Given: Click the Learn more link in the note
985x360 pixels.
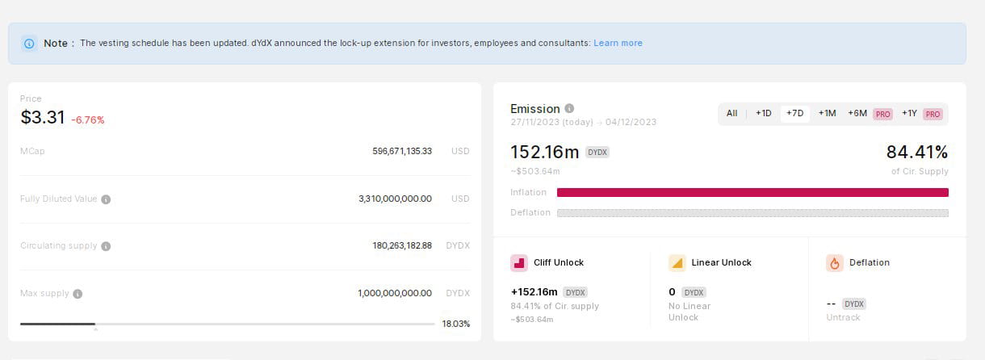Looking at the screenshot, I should pos(618,43).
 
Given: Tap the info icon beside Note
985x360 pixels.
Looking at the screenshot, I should pos(29,44).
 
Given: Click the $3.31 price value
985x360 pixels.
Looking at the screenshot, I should pos(43,118).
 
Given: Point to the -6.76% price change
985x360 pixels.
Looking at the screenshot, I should pos(88,120).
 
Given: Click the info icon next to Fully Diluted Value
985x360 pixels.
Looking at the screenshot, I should pos(106,199).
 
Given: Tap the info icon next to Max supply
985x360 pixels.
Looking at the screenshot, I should pos(78,294).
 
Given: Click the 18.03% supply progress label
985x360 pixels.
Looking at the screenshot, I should pos(456,324).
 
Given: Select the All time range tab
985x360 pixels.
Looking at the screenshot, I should pos(731,114).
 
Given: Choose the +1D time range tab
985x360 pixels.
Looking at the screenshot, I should pos(764,114).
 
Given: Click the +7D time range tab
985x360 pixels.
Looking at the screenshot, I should pos(795,114).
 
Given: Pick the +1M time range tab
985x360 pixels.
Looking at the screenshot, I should pos(827,114).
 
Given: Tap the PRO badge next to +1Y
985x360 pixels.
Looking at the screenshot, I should pos(933,115).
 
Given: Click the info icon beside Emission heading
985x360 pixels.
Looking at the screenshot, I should pos(569,108).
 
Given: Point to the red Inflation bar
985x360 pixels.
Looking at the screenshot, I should pos(752,192).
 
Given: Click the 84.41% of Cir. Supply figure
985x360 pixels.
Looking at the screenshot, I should pos(917,153).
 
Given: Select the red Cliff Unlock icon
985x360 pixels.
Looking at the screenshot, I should pos(519,263).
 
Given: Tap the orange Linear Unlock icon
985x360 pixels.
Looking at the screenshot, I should pos(677,263).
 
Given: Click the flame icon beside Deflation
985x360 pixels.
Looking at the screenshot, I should pos(835,263).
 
